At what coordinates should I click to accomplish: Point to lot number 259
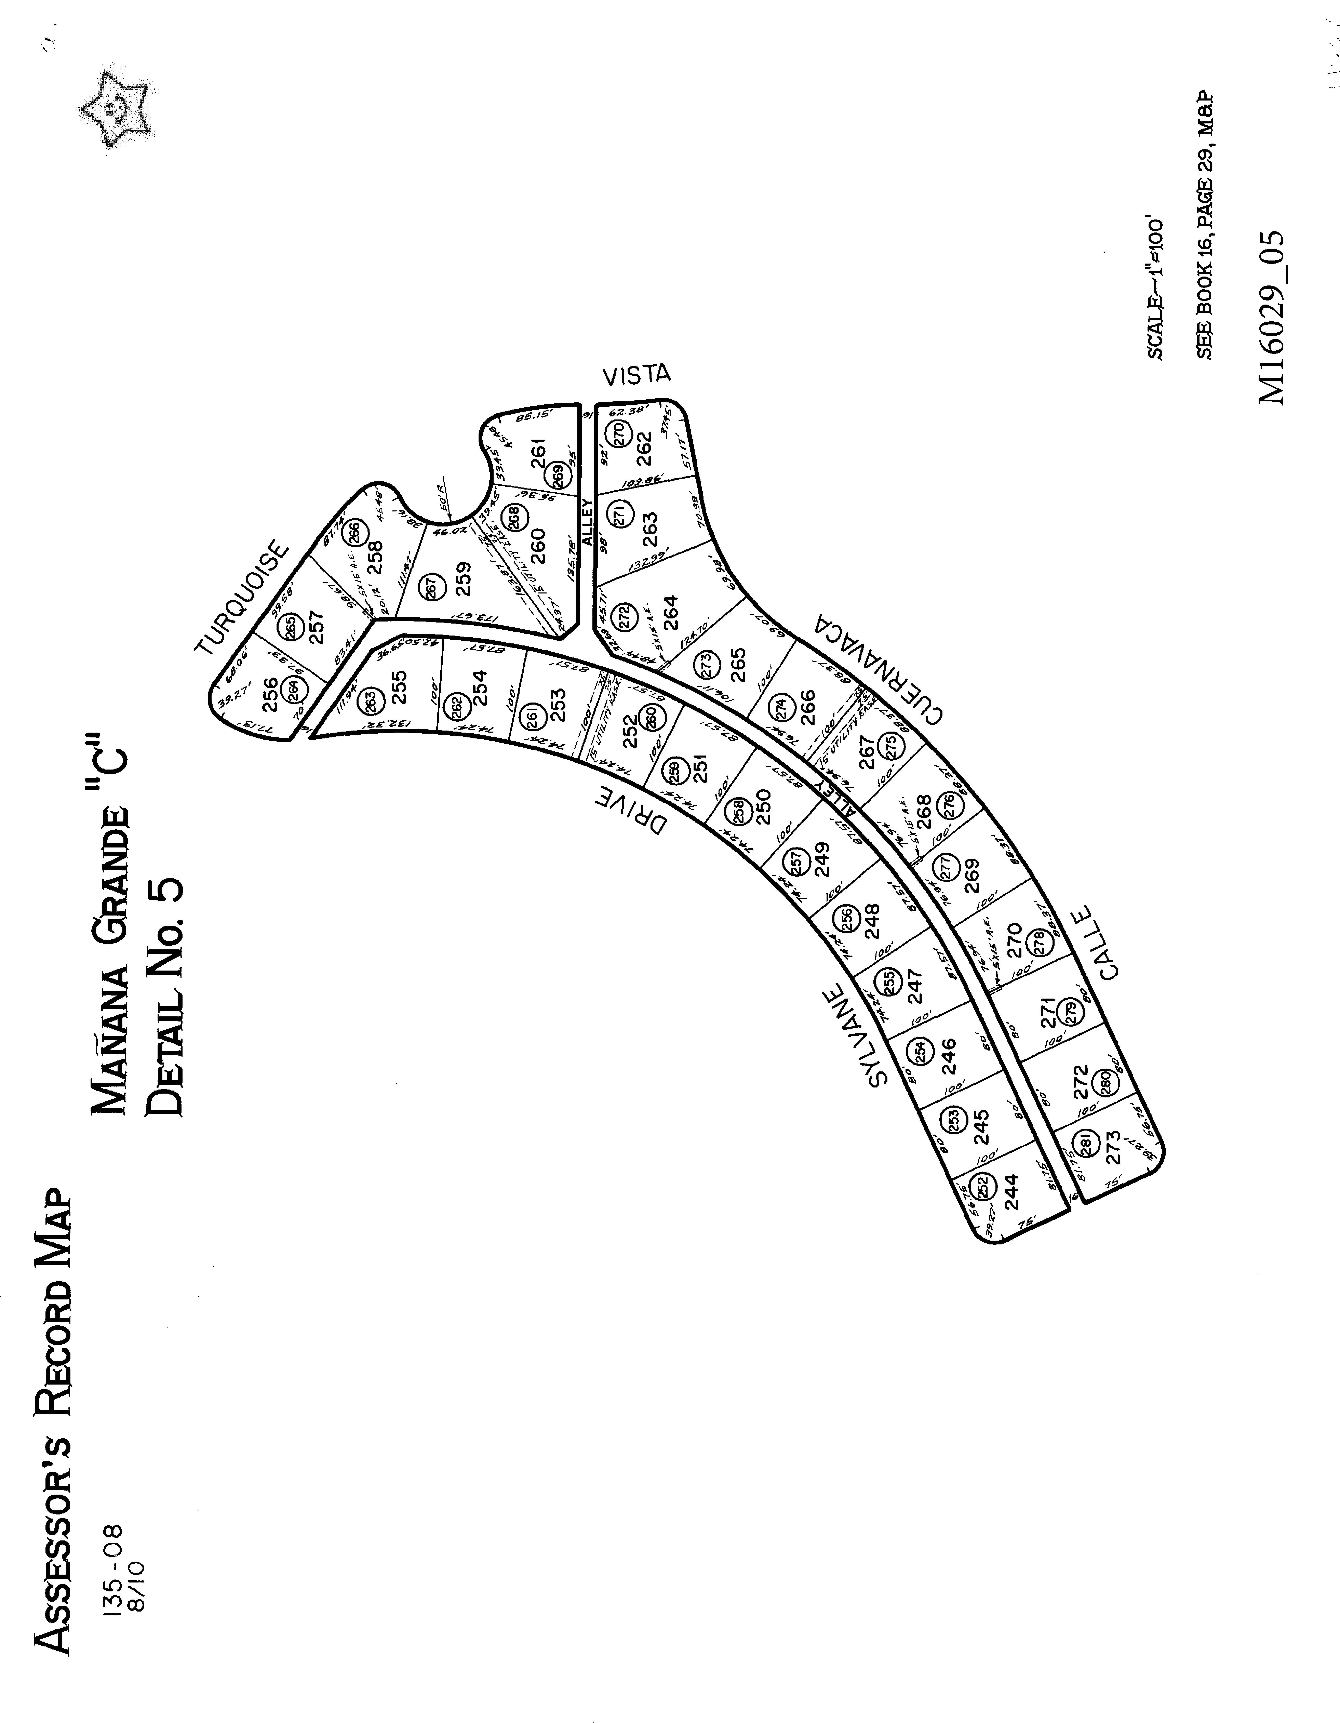[x=464, y=579]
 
